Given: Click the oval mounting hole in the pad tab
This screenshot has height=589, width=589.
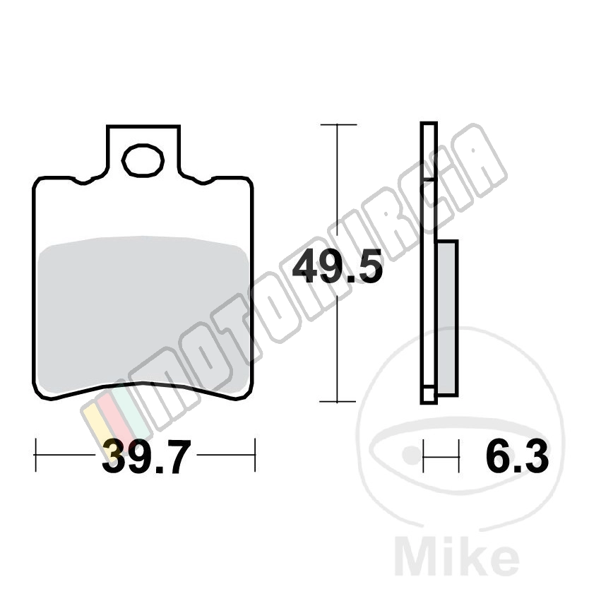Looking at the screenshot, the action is pos(143,160).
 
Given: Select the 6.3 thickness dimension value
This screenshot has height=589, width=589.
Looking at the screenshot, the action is pos(517,456).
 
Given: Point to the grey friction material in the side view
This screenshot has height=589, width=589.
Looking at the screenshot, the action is pos(448,317).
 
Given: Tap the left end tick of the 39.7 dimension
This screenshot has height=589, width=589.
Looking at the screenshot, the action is pos(36,455).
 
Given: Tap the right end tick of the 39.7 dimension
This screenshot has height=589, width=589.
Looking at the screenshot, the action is pos(255,455).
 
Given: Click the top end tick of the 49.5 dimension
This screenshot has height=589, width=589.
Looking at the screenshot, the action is pos(338,124).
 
